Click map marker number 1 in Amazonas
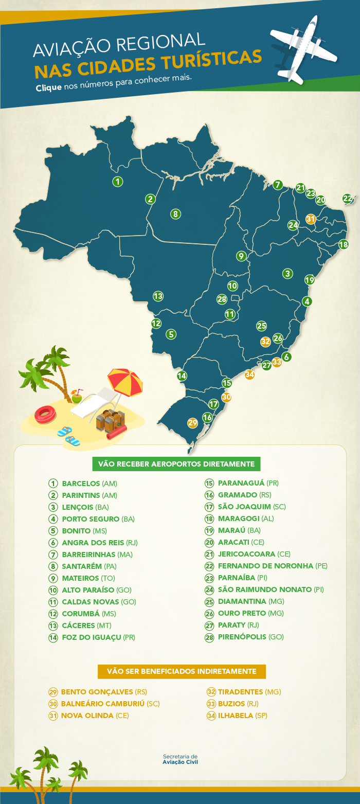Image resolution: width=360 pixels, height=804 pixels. tap(118, 182)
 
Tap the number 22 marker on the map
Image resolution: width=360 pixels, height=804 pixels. tap(348, 199)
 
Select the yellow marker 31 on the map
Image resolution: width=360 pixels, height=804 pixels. tap(311, 219)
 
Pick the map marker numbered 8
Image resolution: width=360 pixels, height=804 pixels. tap(175, 214)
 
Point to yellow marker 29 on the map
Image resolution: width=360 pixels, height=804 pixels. tap(193, 423)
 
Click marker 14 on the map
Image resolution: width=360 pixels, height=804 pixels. tap(182, 376)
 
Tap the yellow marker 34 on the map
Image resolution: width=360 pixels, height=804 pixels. tap(250, 374)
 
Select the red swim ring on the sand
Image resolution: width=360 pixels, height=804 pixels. tap(45, 414)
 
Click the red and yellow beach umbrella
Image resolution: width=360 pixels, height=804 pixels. tap(125, 380)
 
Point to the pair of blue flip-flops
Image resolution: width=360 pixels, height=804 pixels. tap(68, 436)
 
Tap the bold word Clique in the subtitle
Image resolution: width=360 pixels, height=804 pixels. tap(49, 87)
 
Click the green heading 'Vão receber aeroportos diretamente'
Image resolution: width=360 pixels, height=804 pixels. tap(176, 464)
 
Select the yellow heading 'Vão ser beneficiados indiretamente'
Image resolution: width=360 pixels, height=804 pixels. tap(182, 671)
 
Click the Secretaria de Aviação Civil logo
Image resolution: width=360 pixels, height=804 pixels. tap(180, 759)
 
